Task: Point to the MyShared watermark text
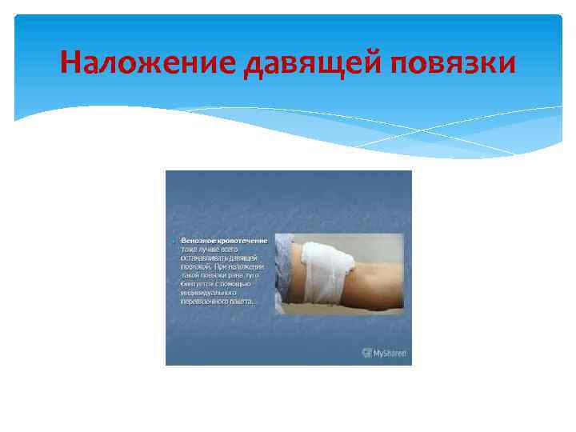pyautogui.click(x=390, y=352)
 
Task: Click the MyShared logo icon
pyautogui.click(x=366, y=352)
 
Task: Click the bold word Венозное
pyautogui.click(x=198, y=240)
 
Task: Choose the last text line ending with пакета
pyautogui.click(x=217, y=302)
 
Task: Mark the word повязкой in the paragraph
pyautogui.click(x=194, y=266)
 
